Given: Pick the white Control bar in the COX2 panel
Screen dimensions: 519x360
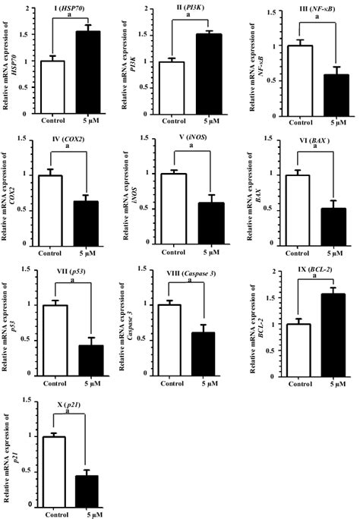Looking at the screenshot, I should tap(51, 207).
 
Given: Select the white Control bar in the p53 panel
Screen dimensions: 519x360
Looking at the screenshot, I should tap(52, 337).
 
